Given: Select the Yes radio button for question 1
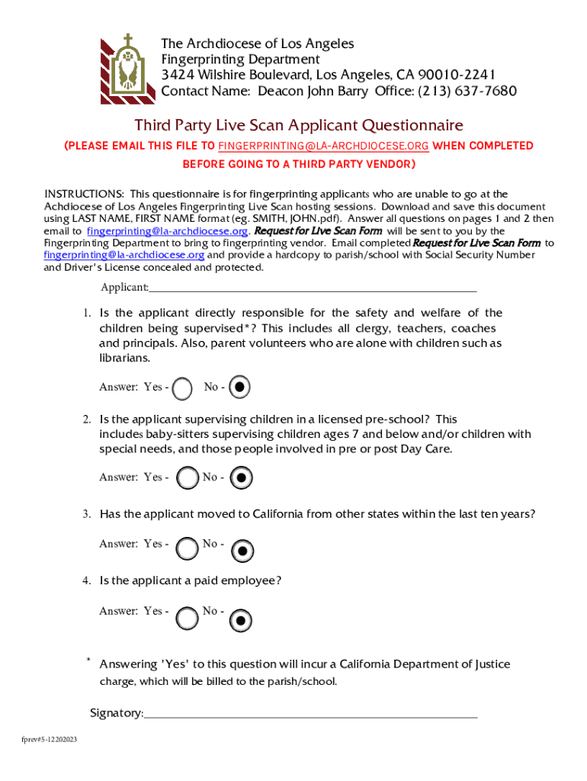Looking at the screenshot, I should (183, 389).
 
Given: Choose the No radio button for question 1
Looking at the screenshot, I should (239, 387).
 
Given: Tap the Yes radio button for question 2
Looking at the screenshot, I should (187, 478).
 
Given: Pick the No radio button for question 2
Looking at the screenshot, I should (241, 478).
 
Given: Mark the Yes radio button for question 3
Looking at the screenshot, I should (187, 548).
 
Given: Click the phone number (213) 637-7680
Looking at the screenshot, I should (466, 92).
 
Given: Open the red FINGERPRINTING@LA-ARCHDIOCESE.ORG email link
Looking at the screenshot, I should (323, 146).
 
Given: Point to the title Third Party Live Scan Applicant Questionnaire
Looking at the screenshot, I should (299, 125).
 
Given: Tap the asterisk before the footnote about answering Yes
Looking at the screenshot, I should (88, 660).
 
